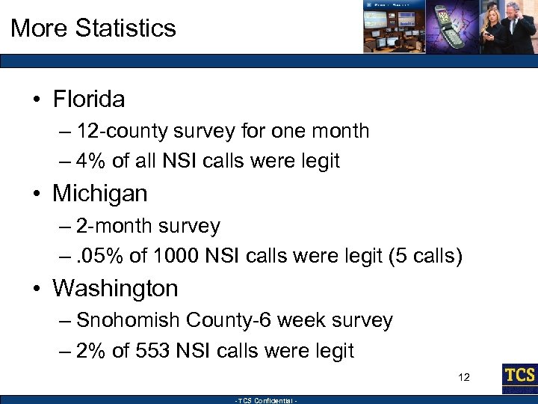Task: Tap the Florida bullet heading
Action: click(x=88, y=99)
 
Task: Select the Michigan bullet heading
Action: click(x=99, y=194)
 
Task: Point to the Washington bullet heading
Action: click(x=115, y=288)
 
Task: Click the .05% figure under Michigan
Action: click(x=102, y=256)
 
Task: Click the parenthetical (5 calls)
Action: click(x=425, y=256)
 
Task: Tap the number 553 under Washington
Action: click(x=155, y=351)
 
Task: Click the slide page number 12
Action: click(x=464, y=376)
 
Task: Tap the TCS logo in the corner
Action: click(x=519, y=376)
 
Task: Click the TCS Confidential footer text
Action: click(x=267, y=400)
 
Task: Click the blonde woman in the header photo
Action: click(x=493, y=26)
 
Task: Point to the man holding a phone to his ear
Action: click(x=521, y=26)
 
